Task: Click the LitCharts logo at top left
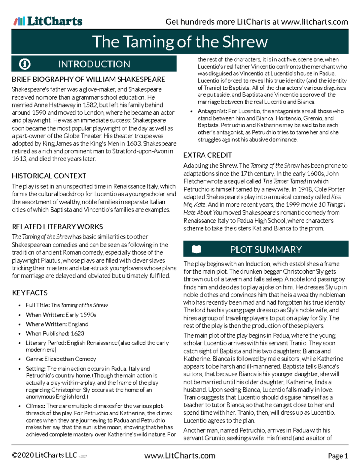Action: pos(48,21)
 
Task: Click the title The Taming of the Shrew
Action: pos(180,42)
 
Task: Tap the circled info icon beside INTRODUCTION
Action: pos(25,64)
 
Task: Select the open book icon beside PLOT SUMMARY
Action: pos(196,249)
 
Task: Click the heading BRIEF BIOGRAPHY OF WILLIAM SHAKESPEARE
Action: pos(88,79)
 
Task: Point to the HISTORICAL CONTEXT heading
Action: pos(49,176)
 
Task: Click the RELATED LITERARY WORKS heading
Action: pos(57,227)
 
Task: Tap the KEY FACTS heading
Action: pos(30,293)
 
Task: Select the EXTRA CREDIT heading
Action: pos(207,155)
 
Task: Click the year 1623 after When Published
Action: pos(77,333)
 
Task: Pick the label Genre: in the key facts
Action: pos(34,359)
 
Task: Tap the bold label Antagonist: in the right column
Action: pos(212,111)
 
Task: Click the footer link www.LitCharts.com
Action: pos(180,455)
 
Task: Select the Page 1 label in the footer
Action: pos(338,456)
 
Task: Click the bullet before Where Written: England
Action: pos(20,324)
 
